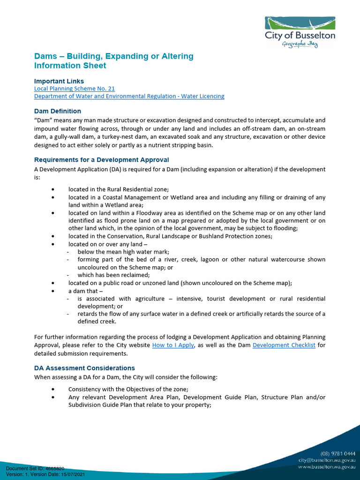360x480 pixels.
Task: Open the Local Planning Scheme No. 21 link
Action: coord(75,88)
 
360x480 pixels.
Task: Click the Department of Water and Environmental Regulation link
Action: coord(129,96)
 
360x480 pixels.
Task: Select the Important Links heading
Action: coord(59,81)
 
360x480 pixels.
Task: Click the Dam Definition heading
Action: coord(58,111)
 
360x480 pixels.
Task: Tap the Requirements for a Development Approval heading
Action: coord(102,160)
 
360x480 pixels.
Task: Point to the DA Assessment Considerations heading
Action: coord(84,368)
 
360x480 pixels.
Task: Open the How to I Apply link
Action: coord(173,345)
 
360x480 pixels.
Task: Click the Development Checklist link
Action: coord(284,345)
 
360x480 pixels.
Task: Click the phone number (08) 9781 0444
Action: coord(338,453)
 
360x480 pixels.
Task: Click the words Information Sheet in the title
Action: coord(70,66)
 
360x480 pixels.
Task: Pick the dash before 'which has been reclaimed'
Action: coord(68,275)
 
